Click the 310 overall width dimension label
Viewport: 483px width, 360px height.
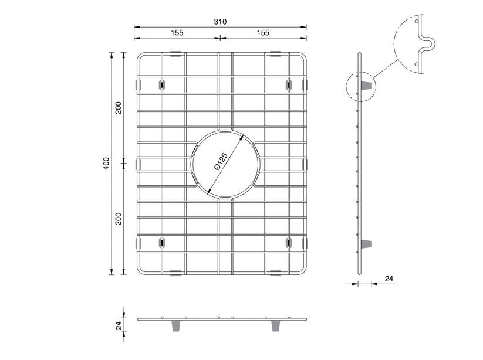[x=220, y=22]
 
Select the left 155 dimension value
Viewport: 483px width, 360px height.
[x=177, y=33]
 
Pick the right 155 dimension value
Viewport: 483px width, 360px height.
[x=262, y=33]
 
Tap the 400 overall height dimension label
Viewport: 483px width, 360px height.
[x=106, y=164]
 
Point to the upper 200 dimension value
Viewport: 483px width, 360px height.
[x=118, y=108]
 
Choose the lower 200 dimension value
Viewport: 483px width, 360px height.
[x=118, y=219]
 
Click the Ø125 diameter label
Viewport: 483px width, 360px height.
[x=221, y=162]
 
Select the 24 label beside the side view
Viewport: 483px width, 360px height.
[x=388, y=279]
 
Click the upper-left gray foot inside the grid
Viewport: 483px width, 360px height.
[x=161, y=84]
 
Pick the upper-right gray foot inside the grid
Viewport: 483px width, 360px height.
[x=289, y=84]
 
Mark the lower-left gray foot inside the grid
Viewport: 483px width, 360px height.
[x=161, y=242]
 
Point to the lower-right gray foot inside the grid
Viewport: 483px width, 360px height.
[x=289, y=242]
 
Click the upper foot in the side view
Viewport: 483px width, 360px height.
[x=367, y=86]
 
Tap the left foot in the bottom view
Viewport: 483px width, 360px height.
[x=175, y=326]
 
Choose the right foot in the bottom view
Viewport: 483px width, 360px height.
[x=274, y=326]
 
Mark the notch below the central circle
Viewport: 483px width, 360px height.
[x=225, y=199]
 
